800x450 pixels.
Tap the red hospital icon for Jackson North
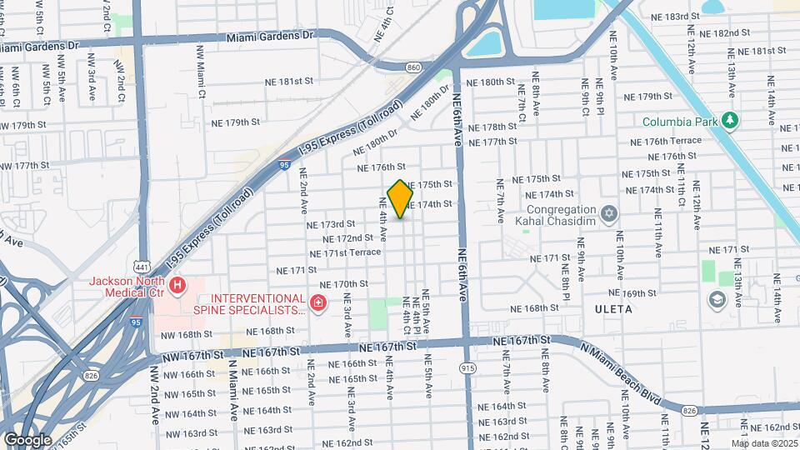coord(177,287)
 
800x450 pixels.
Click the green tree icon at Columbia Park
coord(730,121)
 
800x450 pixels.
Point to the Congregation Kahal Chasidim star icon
coord(608,214)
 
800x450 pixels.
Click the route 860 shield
coord(413,66)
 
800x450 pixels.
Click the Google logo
coord(27,439)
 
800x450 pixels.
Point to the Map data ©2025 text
coord(763,443)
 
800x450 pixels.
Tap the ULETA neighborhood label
coord(613,308)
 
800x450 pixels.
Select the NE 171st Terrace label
coord(345,252)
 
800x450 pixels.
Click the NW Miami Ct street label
coord(201,72)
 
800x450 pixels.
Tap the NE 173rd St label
coord(331,224)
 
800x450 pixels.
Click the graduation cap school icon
coord(717,299)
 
